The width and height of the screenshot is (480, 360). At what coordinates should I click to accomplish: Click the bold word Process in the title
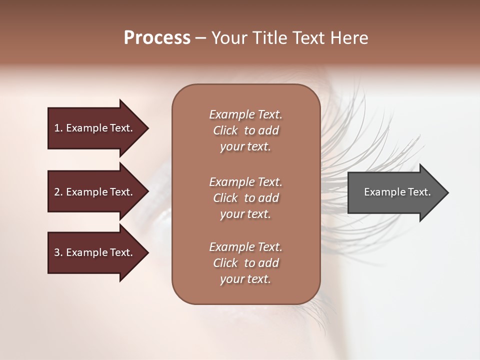pos(157,38)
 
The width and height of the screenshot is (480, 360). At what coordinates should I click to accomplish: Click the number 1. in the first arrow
pos(58,128)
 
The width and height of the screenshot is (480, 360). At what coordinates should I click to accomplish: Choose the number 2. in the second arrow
pos(58,192)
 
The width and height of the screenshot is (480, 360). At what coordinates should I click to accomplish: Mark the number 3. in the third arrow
pos(58,252)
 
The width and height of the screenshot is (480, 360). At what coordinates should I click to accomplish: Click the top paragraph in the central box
pos(245,130)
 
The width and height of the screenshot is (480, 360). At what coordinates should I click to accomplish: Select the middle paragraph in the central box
pos(245,198)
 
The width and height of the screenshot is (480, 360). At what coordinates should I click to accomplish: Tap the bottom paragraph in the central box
pos(245,263)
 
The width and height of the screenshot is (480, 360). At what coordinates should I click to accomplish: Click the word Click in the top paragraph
pos(225,130)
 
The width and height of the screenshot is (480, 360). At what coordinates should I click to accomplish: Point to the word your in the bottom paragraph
pos(230,279)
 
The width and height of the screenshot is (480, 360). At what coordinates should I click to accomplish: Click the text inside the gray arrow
pos(397,192)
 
